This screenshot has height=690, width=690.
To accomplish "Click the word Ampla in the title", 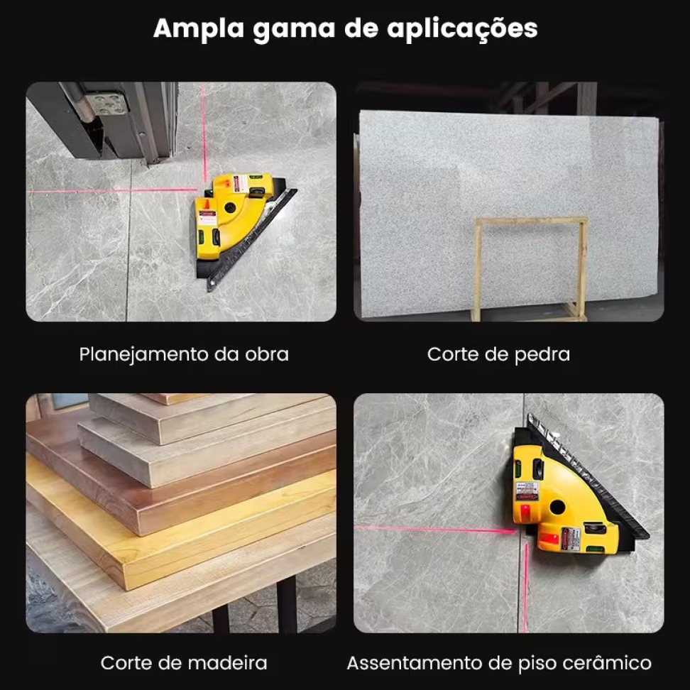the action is tap(199, 29).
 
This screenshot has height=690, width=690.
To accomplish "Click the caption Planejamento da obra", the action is tap(184, 355).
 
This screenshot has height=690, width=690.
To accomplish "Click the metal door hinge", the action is tap(106, 104).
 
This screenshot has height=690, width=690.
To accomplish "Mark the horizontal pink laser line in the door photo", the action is tap(111, 190).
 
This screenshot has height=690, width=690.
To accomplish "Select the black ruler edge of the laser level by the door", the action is tap(252, 240).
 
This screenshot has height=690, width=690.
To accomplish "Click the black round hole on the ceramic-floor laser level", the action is tap(557, 507).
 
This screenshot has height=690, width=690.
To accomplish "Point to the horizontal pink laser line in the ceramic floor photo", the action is tap(434, 530).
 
